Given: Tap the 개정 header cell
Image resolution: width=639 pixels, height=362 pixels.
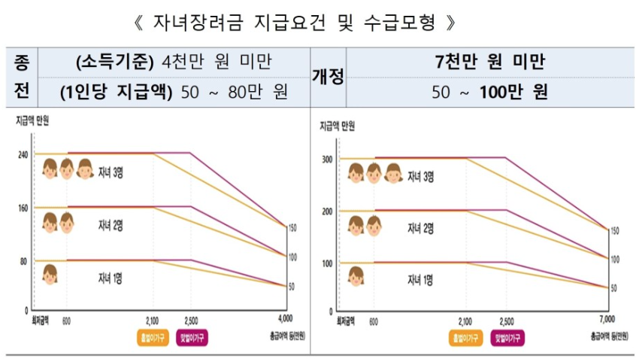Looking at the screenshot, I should [x=328, y=77].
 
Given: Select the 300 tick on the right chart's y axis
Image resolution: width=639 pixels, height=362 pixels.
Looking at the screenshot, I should [x=326, y=160].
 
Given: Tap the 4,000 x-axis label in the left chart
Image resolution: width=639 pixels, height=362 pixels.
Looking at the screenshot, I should [x=285, y=318].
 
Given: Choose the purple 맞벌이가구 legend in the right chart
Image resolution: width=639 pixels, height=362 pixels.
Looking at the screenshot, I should [x=508, y=338].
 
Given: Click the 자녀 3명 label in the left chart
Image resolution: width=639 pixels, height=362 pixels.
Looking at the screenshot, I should [x=111, y=172].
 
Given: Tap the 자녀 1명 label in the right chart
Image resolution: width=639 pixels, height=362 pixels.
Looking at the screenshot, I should [x=419, y=280].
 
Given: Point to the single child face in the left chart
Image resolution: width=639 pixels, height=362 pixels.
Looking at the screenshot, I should [x=50, y=275].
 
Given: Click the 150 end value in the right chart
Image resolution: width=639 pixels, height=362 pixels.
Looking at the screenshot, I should [x=614, y=231].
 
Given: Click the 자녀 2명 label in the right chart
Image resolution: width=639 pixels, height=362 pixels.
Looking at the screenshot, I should [x=419, y=229].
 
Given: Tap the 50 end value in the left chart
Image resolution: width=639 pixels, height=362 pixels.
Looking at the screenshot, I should [x=292, y=286].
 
